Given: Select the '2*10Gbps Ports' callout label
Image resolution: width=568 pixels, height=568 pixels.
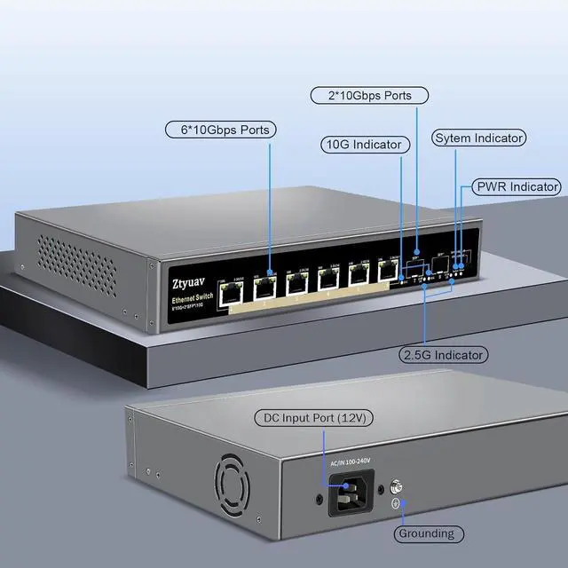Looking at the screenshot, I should tap(369, 95).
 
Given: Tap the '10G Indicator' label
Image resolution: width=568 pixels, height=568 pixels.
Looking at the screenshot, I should tap(365, 144).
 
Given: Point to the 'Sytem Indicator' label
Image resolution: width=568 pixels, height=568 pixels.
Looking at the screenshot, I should tap(478, 138).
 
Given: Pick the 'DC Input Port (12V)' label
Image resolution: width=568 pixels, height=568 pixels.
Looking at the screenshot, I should tap(314, 418).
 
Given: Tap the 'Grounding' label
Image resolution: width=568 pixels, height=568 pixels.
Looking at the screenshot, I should tap(426, 533).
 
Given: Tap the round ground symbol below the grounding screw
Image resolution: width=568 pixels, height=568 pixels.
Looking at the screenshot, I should tap(398, 506).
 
